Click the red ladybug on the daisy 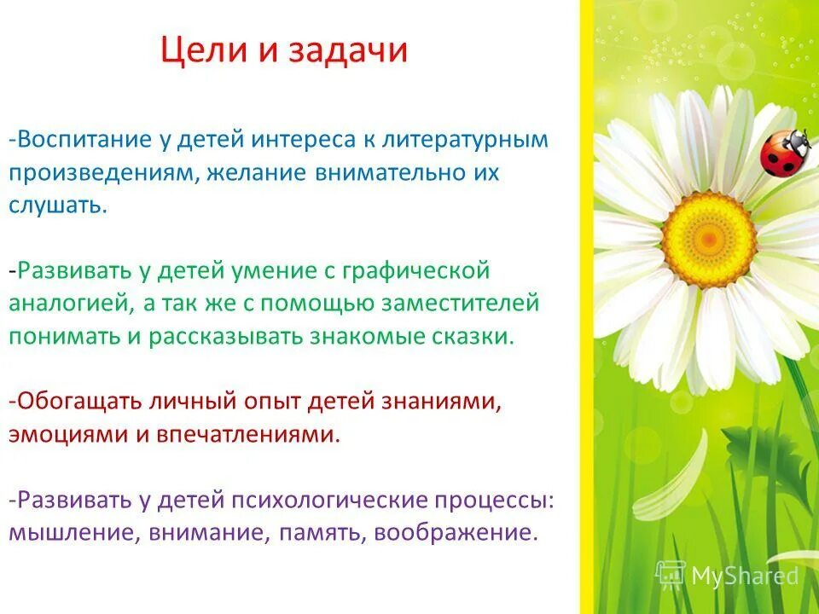pos(784,152)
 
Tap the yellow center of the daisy pos(708,229)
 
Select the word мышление pos(73,532)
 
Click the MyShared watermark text pos(744,576)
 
